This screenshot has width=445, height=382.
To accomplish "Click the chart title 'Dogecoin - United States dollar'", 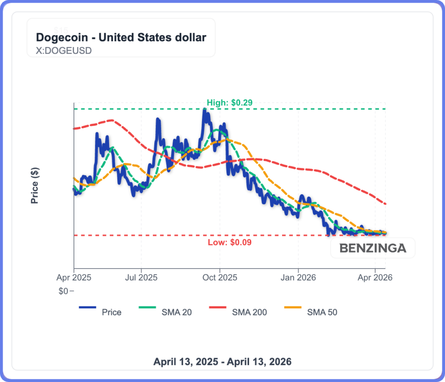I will click(121, 37).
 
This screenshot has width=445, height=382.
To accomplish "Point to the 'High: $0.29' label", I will click(229, 103).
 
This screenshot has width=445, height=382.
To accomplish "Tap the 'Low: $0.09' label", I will click(229, 242).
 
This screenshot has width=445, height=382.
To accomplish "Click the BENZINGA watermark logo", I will click(372, 248).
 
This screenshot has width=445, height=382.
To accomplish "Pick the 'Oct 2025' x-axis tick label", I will click(220, 277).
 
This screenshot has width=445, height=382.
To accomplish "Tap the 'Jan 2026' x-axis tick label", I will click(299, 277).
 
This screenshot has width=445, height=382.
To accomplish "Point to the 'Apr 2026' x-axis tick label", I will click(375, 277).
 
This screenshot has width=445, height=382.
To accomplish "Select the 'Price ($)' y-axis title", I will click(35, 186).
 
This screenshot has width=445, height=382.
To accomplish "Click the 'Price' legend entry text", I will click(112, 312).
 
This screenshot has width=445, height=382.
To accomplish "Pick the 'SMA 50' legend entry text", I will click(322, 312).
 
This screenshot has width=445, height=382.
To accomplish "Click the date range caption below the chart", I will click(222, 362).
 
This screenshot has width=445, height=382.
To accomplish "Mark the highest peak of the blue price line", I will click(204, 110).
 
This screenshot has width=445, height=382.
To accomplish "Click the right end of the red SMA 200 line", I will click(385, 203).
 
